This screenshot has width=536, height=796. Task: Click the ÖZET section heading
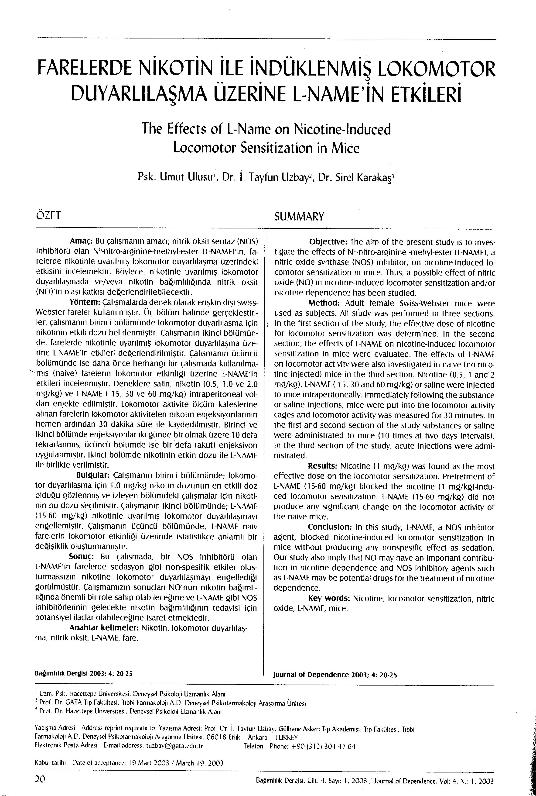tap(48, 216)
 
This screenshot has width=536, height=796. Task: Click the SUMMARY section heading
tap(299, 217)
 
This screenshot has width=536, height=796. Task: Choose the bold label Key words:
tap(329, 599)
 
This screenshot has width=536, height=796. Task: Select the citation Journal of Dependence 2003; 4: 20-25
tap(335, 675)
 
